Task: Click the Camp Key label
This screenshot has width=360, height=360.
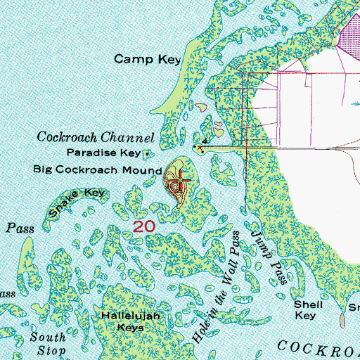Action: pos(148,60)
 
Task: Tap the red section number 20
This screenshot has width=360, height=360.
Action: pos(143,226)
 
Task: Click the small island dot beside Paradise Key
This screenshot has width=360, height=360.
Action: pos(147,153)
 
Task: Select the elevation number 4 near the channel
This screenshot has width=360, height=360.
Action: pos(204,142)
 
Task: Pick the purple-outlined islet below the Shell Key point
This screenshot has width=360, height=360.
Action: pos(342,321)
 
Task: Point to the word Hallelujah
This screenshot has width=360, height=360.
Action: pos(132,316)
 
